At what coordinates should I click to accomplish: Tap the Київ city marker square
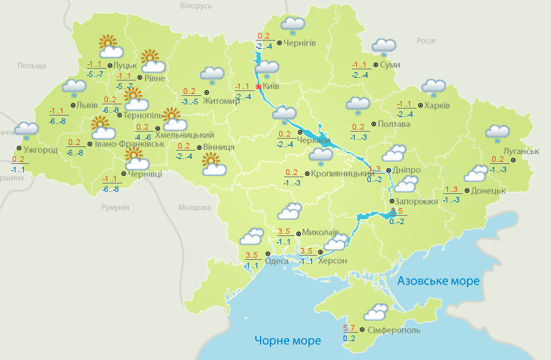tap(259, 87)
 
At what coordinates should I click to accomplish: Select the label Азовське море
tap(438, 281)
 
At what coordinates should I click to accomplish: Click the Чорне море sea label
tap(287, 341)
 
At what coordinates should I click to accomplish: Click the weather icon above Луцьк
tap(109, 46)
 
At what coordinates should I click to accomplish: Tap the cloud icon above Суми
tap(383, 47)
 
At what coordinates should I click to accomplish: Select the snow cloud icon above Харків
tap(433, 88)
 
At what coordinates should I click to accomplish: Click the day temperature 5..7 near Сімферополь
tap(349, 328)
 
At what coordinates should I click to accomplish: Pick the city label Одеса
tap(277, 261)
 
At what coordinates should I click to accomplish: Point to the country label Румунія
tap(115, 208)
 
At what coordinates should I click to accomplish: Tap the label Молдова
tap(194, 208)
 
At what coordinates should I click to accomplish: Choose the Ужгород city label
tap(41, 150)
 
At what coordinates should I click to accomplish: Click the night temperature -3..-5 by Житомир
tap(189, 102)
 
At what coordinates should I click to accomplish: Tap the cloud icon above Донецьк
tap(476, 173)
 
